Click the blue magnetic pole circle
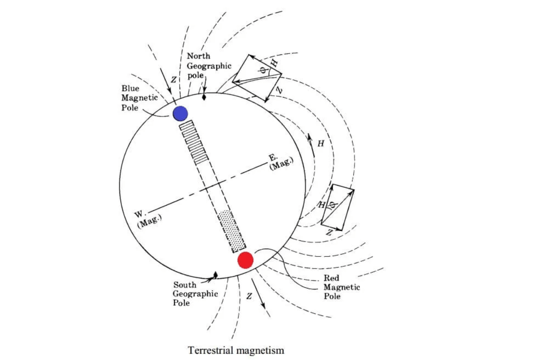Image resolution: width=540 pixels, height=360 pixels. (180, 113)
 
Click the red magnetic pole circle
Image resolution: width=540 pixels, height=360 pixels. (246, 260)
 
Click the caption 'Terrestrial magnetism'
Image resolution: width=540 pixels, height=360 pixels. (236, 350)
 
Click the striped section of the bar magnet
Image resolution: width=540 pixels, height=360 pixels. (194, 142)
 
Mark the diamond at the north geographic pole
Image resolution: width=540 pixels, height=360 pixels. (204, 97)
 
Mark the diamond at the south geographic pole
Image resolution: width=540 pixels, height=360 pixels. (216, 274)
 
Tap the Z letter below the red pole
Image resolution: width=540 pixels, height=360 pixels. (249, 296)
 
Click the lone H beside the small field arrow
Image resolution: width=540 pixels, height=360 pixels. (321, 144)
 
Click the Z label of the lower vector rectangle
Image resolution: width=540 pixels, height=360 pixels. (329, 233)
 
